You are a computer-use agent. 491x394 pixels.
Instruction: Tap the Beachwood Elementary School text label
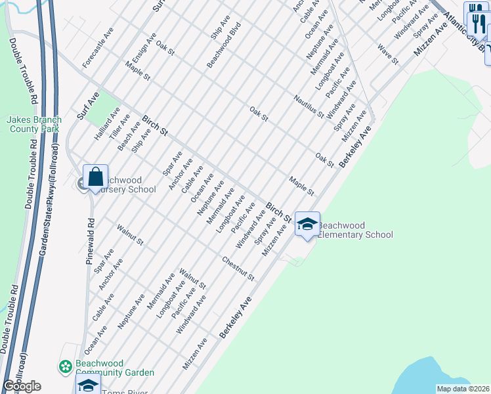tap(355, 230)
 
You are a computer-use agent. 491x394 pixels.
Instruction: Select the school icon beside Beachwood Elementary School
tap(307, 224)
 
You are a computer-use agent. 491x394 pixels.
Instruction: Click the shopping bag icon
tap(95, 177)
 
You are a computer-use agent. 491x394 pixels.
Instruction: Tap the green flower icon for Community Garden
tap(65, 366)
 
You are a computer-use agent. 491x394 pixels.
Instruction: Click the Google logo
tap(22, 386)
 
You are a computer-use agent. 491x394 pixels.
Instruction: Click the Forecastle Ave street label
tap(98, 48)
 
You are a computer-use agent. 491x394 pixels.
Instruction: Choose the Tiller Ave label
tap(115, 125)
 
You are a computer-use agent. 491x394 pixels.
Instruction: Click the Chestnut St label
tap(238, 269)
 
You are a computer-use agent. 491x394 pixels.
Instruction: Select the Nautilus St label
tap(308, 105)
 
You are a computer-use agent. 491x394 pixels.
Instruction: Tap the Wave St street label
tap(388, 54)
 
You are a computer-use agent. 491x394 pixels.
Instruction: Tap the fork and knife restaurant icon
tap(476, 24)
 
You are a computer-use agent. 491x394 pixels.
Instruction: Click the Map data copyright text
tap(463, 389)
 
